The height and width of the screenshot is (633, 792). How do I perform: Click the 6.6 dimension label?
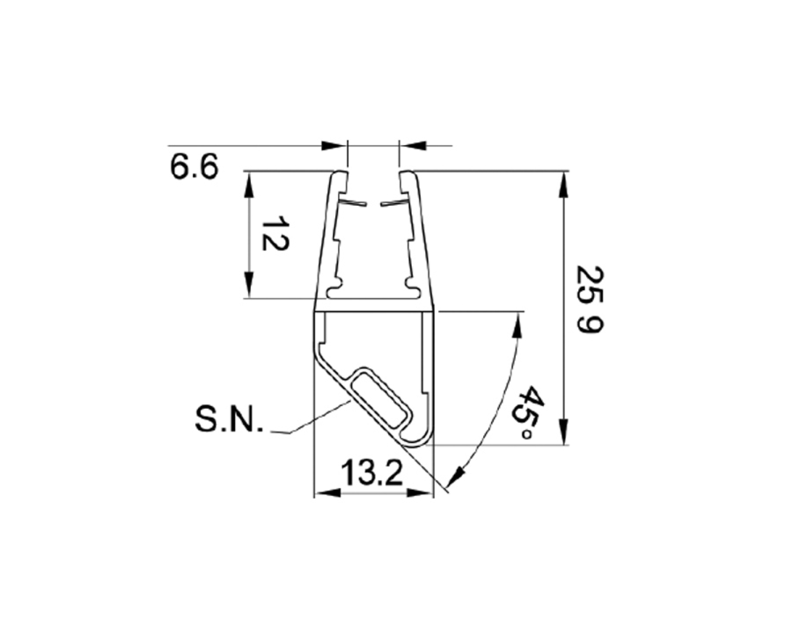[194, 167]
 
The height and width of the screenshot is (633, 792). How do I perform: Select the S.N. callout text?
[229, 420]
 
